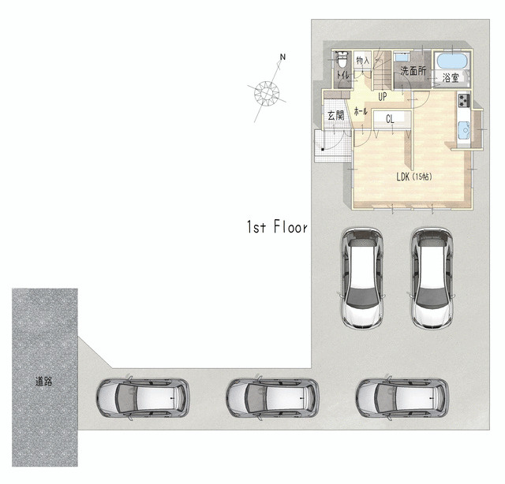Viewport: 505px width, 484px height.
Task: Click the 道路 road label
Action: coord(43,382)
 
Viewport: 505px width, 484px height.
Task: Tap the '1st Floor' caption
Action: coord(277,226)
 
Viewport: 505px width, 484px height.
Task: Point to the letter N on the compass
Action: coord(282,58)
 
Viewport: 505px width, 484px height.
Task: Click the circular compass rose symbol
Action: coord(267,94)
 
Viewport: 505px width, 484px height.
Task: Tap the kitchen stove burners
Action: coord(464,100)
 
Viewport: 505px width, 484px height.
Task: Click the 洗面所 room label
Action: coord(413,71)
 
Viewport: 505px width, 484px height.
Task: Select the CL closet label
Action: coord(390,119)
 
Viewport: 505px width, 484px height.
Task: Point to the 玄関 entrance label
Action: coord(335,115)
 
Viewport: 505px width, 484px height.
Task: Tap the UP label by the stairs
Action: coord(382,96)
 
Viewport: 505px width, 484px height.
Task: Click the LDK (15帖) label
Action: coord(414,177)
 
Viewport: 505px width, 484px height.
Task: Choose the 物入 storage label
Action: coord(363,60)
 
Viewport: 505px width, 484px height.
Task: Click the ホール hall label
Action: coord(361,111)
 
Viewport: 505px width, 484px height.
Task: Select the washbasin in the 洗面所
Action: coord(401,58)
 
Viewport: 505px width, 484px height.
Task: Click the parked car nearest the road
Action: coord(143,398)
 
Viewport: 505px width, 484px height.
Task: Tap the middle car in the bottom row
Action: coord(272,398)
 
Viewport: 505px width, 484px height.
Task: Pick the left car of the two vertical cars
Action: coord(363,278)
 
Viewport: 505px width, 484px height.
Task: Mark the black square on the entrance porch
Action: coord(323,149)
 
